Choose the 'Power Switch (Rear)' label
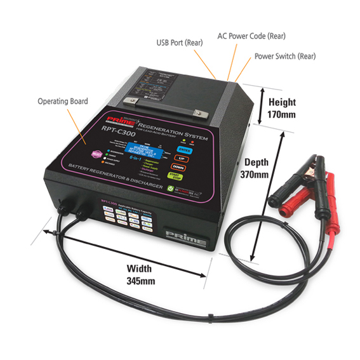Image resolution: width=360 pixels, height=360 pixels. (x=285, y=56)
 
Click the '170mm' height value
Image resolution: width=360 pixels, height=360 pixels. (x=281, y=115)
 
